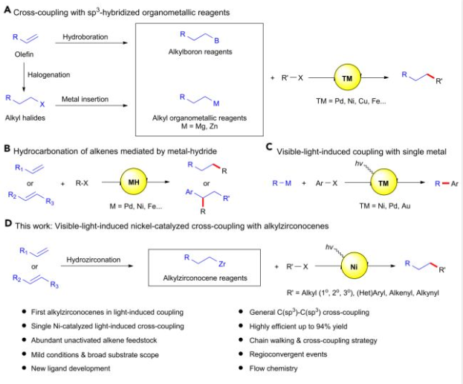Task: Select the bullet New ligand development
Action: (x=65, y=368)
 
